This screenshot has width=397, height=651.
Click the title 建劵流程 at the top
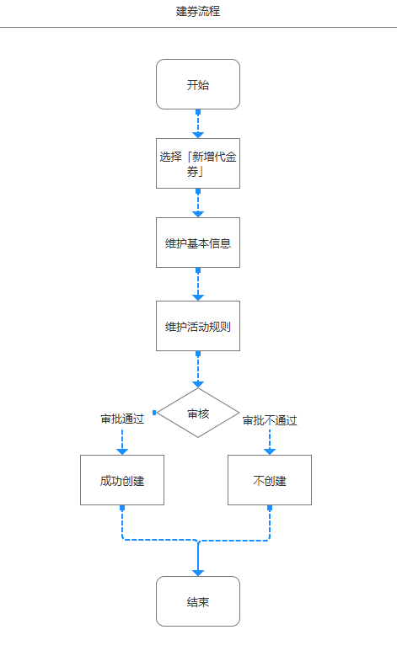click(198, 12)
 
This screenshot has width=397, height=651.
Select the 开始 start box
click(198, 84)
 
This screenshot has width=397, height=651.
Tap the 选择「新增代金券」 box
click(198, 163)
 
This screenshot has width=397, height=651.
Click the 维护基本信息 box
click(198, 243)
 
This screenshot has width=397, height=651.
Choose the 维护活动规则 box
click(198, 326)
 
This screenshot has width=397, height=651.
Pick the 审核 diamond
click(198, 413)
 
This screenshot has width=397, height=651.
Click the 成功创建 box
click(122, 480)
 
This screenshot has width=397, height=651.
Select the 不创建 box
click(270, 480)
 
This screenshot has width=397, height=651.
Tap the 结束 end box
click(198, 601)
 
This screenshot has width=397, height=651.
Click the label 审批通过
click(122, 419)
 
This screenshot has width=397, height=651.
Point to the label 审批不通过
click(270, 420)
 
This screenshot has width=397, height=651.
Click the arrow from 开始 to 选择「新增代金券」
click(198, 124)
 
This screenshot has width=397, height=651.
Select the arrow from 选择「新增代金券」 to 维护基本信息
click(198, 203)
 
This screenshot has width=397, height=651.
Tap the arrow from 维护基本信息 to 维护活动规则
click(198, 285)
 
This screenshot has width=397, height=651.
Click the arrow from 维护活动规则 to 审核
click(198, 369)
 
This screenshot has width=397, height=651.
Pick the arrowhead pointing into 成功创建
click(122, 451)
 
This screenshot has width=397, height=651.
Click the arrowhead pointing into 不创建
click(270, 451)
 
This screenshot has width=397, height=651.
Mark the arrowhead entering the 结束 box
click(198, 572)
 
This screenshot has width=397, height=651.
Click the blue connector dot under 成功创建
click(122, 508)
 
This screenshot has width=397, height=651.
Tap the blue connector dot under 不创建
click(270, 508)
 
